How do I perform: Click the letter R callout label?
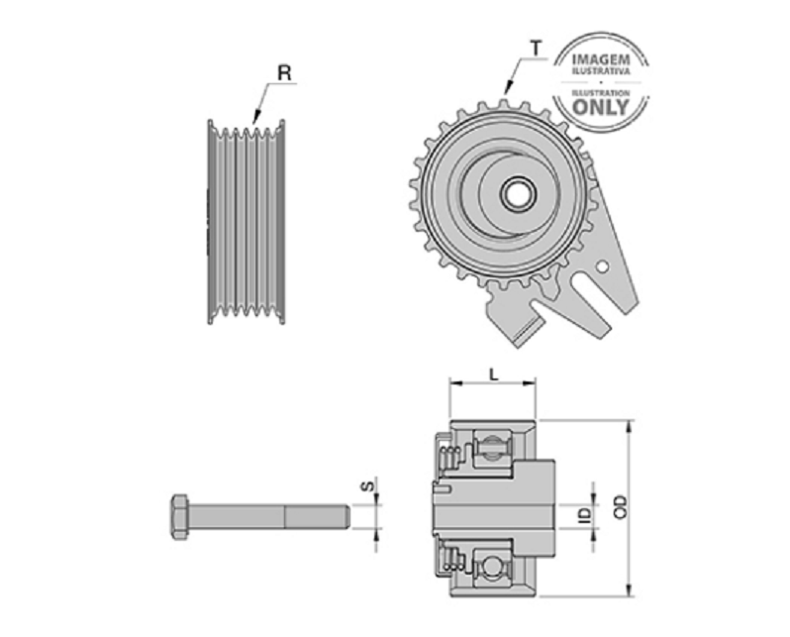coord(284,73)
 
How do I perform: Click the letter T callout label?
coord(536,49)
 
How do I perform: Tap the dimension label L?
coord(494,374)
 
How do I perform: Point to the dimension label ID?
coord(584,514)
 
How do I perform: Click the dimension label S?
coord(368,485)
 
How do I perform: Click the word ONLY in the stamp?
coord(601,107)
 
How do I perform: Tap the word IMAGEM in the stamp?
coord(601,59)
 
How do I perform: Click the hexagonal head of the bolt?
coord(180,517)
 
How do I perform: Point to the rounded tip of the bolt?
coord(346,517)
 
